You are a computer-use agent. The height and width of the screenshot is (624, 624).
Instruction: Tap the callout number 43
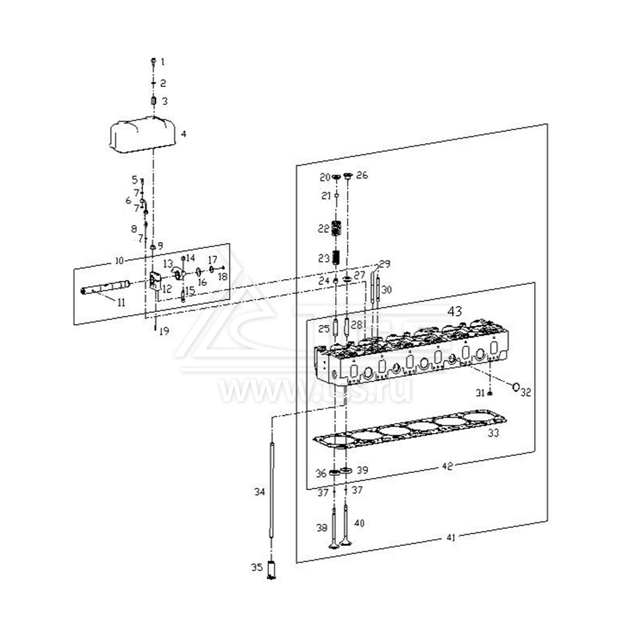click(455, 311)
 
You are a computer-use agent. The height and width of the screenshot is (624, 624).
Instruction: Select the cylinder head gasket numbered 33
click(409, 431)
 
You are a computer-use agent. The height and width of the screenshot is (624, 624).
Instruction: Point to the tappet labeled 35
click(271, 570)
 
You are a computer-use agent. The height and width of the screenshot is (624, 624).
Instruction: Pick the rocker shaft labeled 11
click(106, 288)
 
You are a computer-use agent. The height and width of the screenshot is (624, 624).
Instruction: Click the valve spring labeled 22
click(336, 228)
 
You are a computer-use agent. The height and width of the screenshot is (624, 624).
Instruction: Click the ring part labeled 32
click(516, 388)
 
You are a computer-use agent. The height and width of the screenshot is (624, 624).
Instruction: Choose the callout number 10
click(119, 260)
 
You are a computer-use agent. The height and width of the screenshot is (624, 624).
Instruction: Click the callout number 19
click(163, 332)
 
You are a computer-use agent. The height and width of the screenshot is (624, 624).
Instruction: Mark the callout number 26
click(362, 175)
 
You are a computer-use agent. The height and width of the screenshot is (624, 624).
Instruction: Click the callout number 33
click(494, 432)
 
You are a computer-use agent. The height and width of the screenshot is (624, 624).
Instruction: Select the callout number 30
click(387, 290)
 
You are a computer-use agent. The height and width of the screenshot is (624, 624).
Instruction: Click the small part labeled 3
click(154, 101)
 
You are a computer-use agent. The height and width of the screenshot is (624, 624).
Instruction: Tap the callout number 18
click(223, 276)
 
